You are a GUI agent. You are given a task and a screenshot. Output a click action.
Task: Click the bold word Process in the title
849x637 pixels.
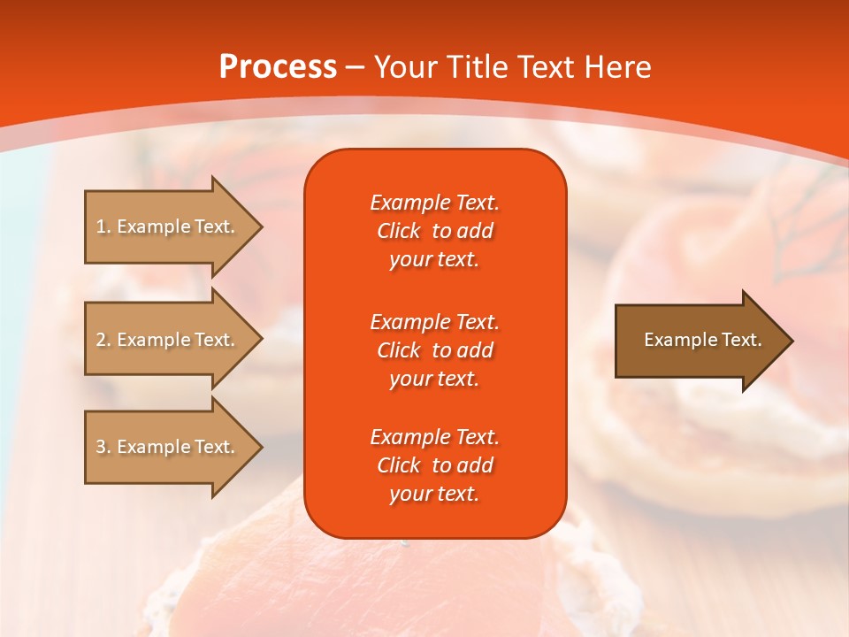[x=278, y=67]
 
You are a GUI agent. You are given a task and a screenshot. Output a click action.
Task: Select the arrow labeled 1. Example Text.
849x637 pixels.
[x=168, y=226]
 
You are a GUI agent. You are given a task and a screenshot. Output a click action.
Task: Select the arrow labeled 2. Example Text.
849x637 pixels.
[x=168, y=340]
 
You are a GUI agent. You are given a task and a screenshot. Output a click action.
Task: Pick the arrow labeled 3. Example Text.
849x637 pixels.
[x=168, y=447]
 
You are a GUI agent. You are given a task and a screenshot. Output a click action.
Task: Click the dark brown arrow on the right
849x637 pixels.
[x=699, y=340]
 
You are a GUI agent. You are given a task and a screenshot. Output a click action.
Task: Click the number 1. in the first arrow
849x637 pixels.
[x=103, y=226]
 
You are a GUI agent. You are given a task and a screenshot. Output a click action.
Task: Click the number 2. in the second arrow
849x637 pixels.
[x=103, y=340]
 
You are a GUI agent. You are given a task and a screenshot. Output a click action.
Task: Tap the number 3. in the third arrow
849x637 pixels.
[x=103, y=447]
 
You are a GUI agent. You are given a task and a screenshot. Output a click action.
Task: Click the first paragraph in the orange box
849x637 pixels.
[x=434, y=231]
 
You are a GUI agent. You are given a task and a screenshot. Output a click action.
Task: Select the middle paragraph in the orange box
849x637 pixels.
[x=434, y=350]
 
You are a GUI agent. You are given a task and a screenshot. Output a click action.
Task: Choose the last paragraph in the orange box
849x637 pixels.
[x=434, y=465]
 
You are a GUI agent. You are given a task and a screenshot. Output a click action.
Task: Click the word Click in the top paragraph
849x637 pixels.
[x=399, y=231]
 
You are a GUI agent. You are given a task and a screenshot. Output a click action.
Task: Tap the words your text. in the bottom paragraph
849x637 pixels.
[x=434, y=495]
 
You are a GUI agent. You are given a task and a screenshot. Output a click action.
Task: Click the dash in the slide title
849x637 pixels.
[x=356, y=68]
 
